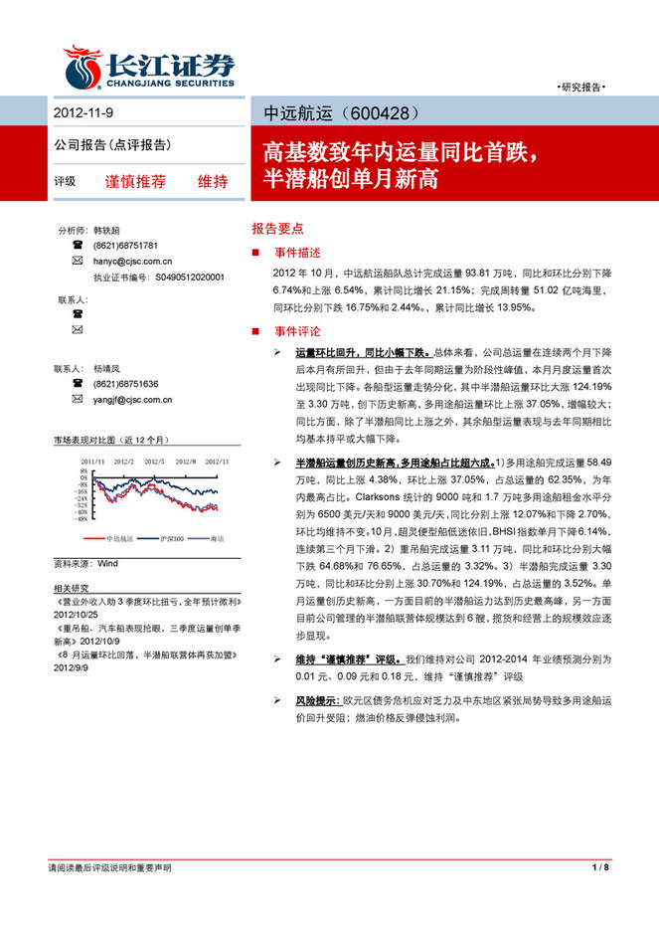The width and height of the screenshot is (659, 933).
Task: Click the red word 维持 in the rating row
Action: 213,182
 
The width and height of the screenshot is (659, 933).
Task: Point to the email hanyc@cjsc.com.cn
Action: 133,261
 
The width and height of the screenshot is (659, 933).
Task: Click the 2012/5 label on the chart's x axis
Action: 154,462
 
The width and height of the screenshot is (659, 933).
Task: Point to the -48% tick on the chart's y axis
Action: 85,518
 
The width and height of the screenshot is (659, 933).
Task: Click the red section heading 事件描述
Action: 295,253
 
